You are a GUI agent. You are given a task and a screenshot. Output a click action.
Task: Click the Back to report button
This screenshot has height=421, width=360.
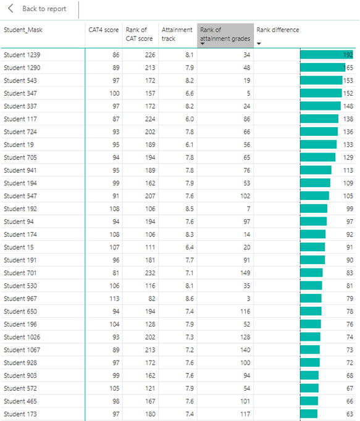coord(38,9)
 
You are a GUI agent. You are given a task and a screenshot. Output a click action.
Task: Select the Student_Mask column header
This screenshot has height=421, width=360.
coord(23,30)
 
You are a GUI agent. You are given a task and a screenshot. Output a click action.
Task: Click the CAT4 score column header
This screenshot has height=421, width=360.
coord(103,30)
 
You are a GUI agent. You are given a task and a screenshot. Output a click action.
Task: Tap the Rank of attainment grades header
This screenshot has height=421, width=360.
coord(225,35)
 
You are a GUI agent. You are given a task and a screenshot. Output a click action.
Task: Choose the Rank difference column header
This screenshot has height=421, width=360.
coord(277,30)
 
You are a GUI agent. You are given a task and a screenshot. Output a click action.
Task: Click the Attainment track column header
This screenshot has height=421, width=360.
coord(177,34)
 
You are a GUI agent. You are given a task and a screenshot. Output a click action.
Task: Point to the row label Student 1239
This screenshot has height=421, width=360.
coord(22,55)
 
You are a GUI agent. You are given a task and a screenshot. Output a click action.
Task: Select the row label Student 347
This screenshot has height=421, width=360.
coord(20,93)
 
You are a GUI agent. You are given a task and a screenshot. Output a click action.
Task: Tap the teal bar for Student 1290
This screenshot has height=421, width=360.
coord(321,68)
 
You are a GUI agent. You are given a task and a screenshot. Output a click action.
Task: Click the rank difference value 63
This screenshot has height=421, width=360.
coord(348,414)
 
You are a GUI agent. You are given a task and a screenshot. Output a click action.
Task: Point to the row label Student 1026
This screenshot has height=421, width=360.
coord(22,337)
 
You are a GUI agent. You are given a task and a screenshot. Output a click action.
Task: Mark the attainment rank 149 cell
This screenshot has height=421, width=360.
coord(245,273)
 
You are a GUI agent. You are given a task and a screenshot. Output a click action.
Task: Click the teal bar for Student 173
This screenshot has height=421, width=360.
coord(309,414)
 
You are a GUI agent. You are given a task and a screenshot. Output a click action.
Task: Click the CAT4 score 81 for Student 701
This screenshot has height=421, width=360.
coord(115,273)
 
